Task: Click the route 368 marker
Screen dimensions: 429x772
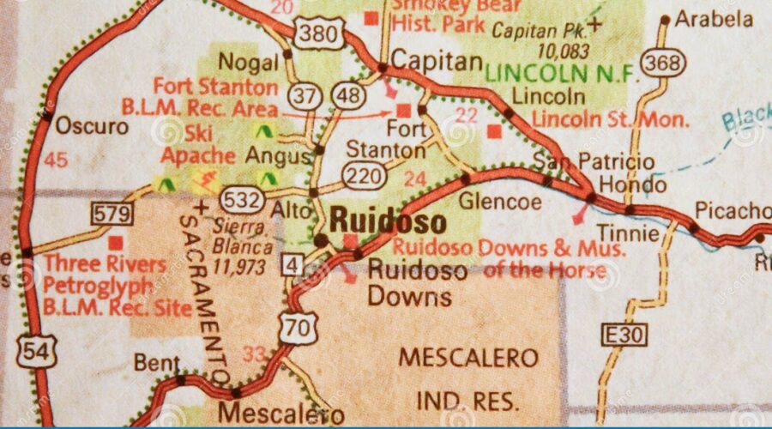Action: (x=662, y=62)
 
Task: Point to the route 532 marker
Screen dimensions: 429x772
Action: (x=240, y=201)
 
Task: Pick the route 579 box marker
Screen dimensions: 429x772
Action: (x=112, y=214)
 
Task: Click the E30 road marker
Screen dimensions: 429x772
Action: (x=624, y=334)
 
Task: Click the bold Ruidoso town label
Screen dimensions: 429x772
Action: (x=388, y=221)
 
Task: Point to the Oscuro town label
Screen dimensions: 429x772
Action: (x=92, y=127)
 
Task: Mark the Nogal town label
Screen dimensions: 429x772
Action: (x=249, y=62)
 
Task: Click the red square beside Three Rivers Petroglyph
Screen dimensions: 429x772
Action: (x=114, y=243)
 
